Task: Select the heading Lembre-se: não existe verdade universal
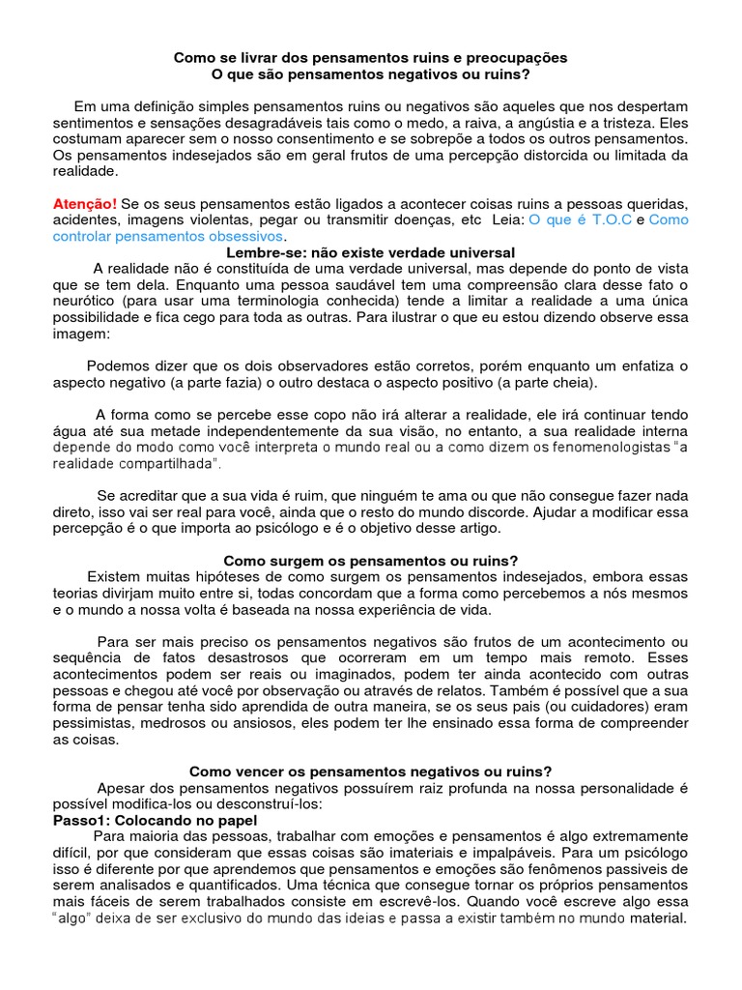[x=370, y=251]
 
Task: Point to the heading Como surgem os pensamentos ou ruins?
[x=371, y=561]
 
